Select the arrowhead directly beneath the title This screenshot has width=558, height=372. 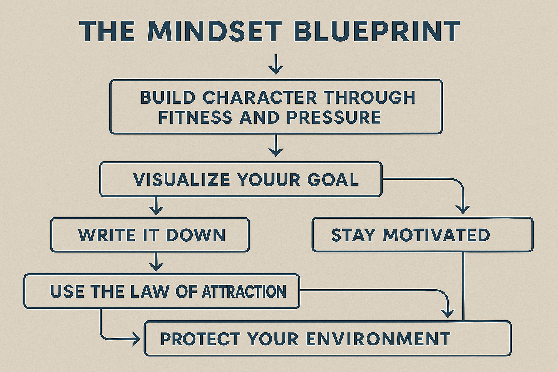click(x=276, y=69)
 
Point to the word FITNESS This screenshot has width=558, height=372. click(x=195, y=117)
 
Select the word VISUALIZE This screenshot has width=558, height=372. click(x=181, y=180)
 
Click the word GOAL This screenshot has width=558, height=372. click(x=333, y=180)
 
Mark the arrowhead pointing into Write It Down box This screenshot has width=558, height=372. click(x=156, y=210)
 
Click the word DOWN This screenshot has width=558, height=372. click(x=196, y=235)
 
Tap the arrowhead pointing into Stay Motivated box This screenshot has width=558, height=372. click(x=463, y=209)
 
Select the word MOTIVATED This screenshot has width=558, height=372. click(x=436, y=235)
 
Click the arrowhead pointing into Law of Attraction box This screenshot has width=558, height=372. click(x=156, y=266)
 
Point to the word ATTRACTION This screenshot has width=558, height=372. click(x=244, y=292)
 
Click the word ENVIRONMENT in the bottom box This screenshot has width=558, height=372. click(x=378, y=339)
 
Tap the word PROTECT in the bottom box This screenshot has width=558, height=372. click(x=200, y=339)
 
